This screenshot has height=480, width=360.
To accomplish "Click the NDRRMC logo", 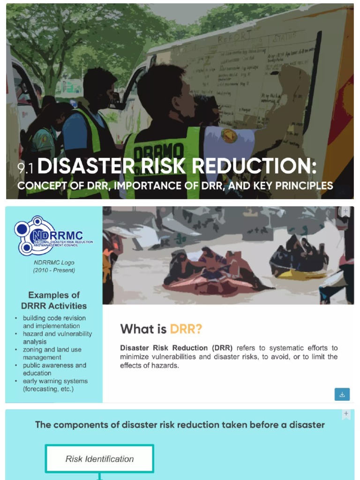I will point(52,236).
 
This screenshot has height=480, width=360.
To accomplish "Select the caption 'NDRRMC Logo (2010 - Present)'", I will point(54,266).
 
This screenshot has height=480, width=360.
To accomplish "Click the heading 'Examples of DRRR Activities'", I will point(54,300).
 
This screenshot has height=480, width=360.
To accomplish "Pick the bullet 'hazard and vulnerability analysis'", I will point(57,337).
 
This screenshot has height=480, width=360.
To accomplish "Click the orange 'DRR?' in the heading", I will point(186,329).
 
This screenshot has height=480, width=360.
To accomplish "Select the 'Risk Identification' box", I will point(99,459).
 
